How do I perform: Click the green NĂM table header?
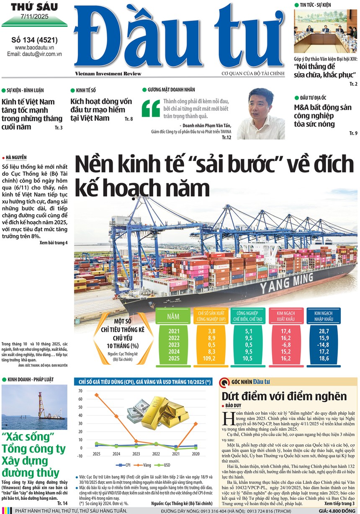pyautogui.click(x=173, y=317)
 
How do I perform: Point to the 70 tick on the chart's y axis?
pyautogui.click(x=80, y=391)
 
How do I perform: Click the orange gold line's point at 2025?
pyautogui.click(x=97, y=395)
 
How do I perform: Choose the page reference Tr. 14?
pyautogui.click(x=62, y=503)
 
